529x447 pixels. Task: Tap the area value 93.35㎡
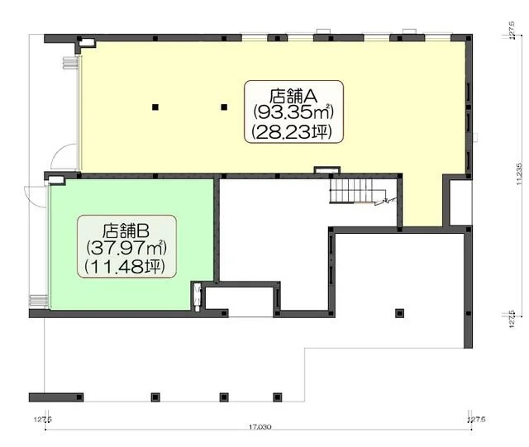point(293,112)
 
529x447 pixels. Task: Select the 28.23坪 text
point(293,131)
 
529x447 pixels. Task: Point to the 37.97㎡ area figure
point(126,247)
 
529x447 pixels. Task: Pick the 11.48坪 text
point(126,266)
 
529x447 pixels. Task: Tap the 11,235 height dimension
point(518,176)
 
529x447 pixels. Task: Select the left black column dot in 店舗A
point(155,107)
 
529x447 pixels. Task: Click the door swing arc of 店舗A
point(60,157)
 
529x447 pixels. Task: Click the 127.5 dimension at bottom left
point(43,420)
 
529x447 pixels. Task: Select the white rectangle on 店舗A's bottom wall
point(326,171)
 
